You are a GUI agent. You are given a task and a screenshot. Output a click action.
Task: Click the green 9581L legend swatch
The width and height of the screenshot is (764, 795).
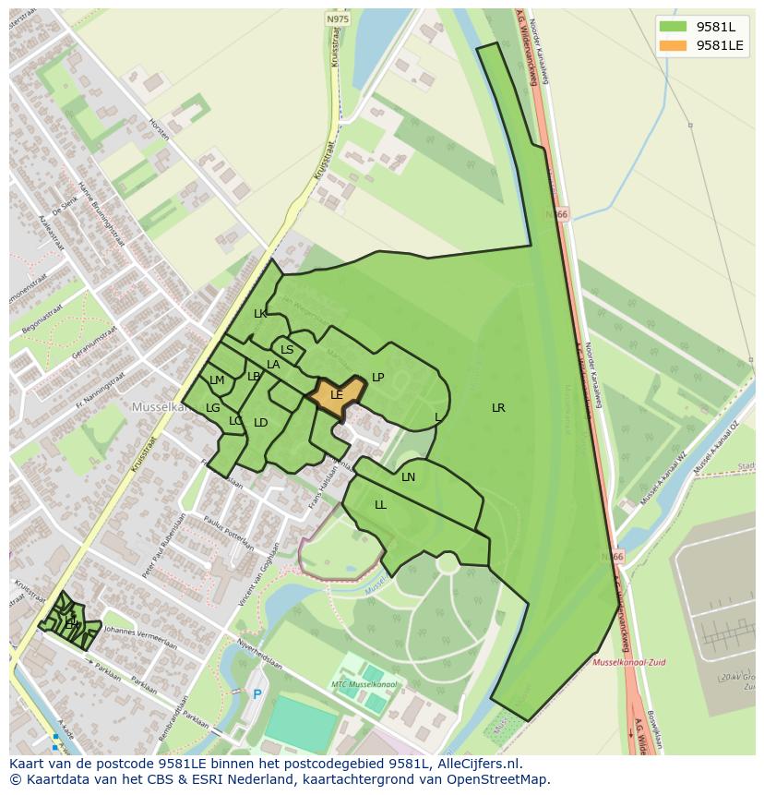click(674, 27)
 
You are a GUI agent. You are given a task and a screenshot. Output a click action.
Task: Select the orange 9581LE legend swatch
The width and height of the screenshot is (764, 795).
click(674, 45)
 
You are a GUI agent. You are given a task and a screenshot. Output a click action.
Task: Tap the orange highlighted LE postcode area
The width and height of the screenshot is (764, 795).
click(336, 394)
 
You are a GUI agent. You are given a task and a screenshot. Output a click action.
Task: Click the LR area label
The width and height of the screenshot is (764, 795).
click(498, 407)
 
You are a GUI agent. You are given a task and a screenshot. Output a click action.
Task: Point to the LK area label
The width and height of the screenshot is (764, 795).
click(260, 314)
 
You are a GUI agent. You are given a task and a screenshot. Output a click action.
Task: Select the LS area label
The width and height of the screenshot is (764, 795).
click(287, 350)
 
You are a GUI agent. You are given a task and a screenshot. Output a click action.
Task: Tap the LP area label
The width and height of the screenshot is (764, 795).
click(377, 377)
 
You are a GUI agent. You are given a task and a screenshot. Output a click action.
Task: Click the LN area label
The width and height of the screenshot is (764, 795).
click(408, 477)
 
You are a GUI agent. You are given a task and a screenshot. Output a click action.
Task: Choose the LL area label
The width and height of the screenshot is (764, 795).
click(380, 505)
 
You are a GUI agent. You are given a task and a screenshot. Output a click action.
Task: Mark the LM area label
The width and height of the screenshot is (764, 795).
click(217, 380)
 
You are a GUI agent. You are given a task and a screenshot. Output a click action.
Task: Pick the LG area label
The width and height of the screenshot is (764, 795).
click(213, 408)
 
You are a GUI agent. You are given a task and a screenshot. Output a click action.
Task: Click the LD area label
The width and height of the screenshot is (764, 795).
click(261, 423)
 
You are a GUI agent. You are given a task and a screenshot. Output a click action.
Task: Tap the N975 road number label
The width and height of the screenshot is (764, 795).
click(338, 18)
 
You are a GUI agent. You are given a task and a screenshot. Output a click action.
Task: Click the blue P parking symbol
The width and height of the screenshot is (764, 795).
click(257, 694)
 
